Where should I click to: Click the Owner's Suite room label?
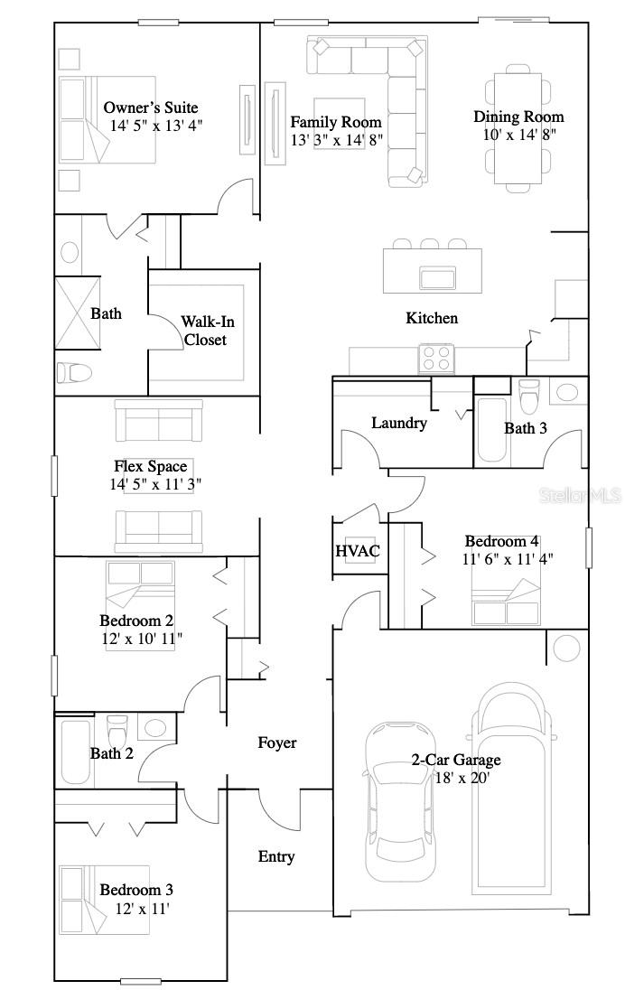click(151, 108)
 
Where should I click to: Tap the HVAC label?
click(358, 551)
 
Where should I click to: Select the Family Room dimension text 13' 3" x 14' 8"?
click(336, 140)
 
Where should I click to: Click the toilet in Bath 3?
click(529, 395)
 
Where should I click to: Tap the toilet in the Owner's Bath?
click(74, 372)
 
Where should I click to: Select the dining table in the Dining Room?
click(518, 123)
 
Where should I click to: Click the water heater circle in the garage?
click(566, 648)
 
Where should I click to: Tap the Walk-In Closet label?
click(203, 331)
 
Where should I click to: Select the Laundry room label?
click(398, 423)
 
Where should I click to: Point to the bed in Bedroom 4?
click(506, 602)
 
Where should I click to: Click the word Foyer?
click(276, 742)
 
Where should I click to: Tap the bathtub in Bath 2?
click(75, 752)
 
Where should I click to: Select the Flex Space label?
click(151, 466)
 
